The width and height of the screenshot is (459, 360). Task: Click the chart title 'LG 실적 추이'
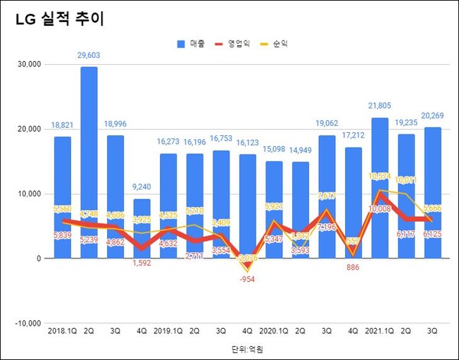58,20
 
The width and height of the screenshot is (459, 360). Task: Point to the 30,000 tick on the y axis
28,65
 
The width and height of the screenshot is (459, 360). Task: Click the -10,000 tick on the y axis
27,323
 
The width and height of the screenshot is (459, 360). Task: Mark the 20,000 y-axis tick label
28,129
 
